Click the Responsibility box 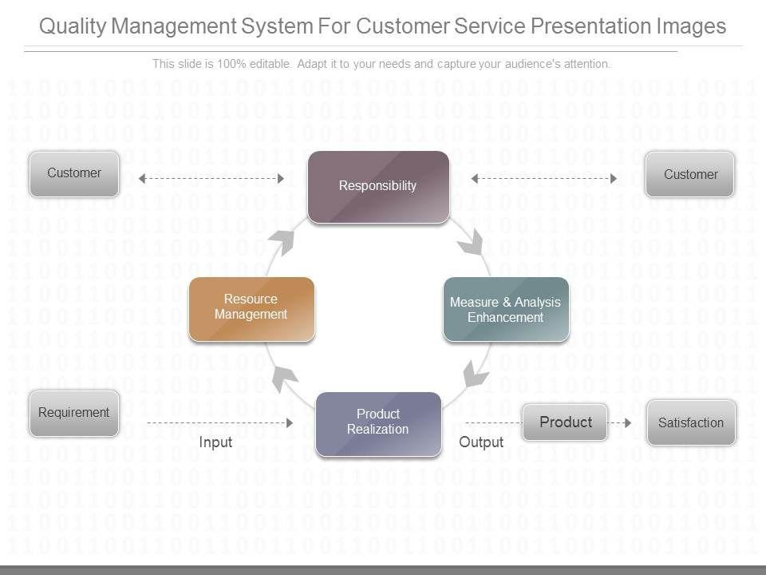[x=378, y=187]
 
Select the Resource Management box [x=251, y=309]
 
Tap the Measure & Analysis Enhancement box [x=506, y=309]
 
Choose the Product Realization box [x=378, y=424]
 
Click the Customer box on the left [x=74, y=174]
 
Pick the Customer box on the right [x=689, y=175]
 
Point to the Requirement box [x=74, y=413]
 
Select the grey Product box [x=565, y=422]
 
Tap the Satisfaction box [x=691, y=423]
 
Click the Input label [x=215, y=442]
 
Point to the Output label [x=481, y=442]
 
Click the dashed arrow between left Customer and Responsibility [x=211, y=178]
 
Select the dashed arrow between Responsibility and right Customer [x=543, y=178]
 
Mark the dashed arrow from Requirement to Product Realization [x=220, y=423]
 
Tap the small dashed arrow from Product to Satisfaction [x=619, y=423]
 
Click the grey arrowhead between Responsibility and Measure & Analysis [x=472, y=243]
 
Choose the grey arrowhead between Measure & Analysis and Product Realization [x=475, y=374]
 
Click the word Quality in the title [x=73, y=26]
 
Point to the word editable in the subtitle [x=270, y=64]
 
